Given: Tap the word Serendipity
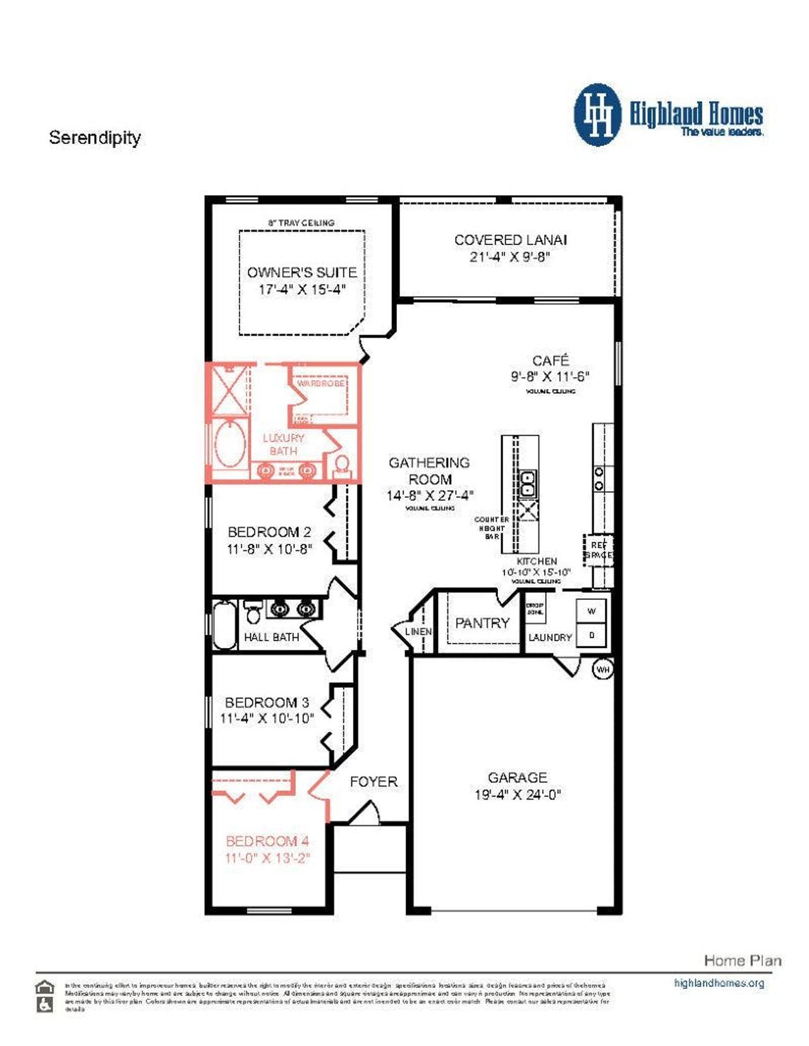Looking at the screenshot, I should point(95,138).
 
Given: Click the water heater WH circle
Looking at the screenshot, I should point(603,670).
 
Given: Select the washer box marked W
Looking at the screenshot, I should point(592,611).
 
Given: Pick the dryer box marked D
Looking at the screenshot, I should point(592,635).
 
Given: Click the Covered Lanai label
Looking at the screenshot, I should point(510,240).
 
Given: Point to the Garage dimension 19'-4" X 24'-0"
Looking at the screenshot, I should point(518,795).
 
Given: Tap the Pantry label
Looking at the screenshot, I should point(482,623).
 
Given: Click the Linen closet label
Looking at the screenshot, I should point(418,631).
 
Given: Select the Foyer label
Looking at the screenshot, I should point(374,781).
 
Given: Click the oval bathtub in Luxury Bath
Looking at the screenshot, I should point(230,443).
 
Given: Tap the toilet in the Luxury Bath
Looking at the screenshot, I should point(342,466).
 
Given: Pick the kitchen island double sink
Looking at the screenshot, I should point(527,484).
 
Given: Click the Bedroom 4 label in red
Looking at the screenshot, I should point(267,841).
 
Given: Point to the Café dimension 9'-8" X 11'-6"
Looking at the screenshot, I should point(550,376).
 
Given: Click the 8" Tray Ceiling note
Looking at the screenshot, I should point(301,223).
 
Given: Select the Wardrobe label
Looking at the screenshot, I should point(320,383).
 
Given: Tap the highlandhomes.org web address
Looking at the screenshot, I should point(719,983).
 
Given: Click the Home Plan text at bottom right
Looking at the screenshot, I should point(742,961).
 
